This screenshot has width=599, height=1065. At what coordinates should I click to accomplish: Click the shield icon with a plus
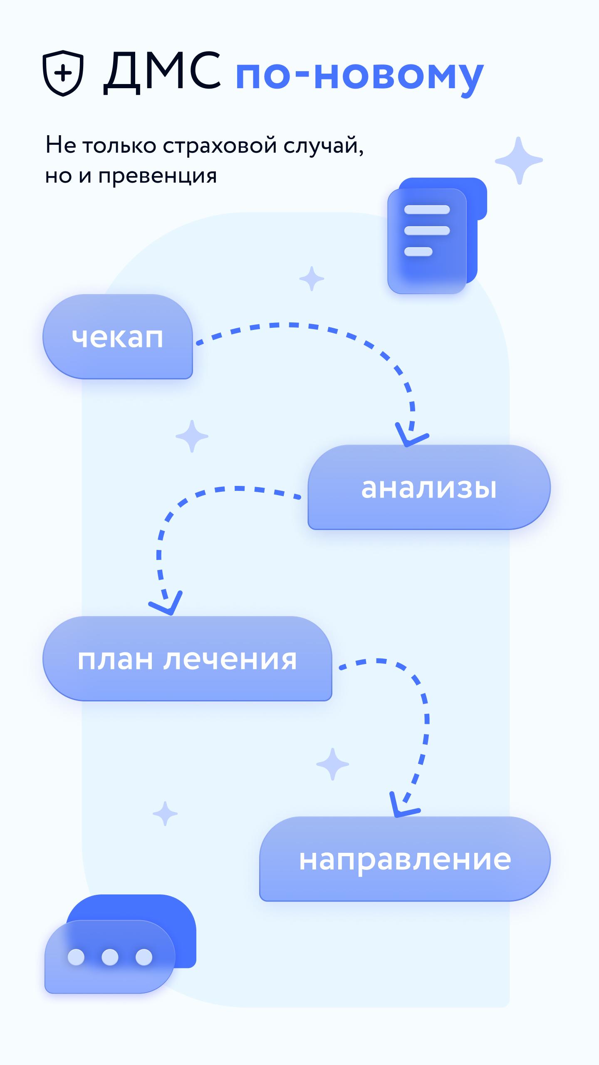pos(63,73)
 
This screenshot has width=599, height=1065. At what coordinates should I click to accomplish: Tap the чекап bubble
pos(118,337)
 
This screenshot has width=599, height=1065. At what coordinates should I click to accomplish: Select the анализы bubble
pos(429,487)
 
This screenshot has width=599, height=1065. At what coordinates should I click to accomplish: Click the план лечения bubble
pos(187,659)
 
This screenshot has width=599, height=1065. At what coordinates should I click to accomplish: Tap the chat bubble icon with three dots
pos(120,950)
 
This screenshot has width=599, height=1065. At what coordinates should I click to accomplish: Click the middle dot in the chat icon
pos(110,957)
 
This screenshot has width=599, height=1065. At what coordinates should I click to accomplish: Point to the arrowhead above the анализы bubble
pos(411,435)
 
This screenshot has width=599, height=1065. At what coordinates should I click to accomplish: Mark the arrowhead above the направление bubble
pos(403,805)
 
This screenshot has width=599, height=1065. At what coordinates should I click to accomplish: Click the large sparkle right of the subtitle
pos(519,161)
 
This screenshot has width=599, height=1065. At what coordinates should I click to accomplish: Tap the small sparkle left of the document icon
pos(312,278)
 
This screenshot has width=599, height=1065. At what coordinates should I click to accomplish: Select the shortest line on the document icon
pos(418,251)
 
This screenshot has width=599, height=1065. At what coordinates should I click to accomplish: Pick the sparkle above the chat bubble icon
pos(165,813)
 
